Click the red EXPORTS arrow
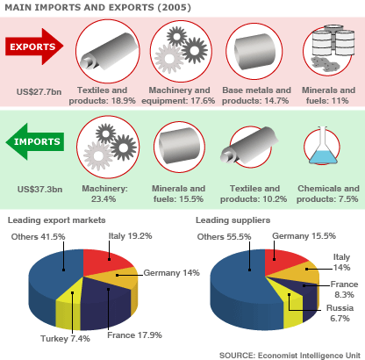pyautogui.click(x=34, y=47)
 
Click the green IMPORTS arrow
pyautogui.click(x=35, y=141)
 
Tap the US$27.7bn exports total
pyautogui.click(x=39, y=92)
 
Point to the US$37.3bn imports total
pyautogui.click(x=39, y=190)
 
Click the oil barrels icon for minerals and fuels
pyautogui.click(x=329, y=48)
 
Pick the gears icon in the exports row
pyautogui.click(x=181, y=51)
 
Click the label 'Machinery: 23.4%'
pyautogui.click(x=104, y=194)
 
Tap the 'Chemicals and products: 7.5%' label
pyautogui.click(x=328, y=194)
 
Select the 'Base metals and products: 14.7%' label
pyautogui.click(x=256, y=96)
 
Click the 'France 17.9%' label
pyautogui.click(x=134, y=335)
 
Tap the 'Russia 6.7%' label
pyautogui.click(x=340, y=313)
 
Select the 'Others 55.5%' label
pyautogui.click(x=224, y=237)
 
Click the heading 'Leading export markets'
pyautogui.click(x=56, y=220)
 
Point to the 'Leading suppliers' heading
pyautogui.click(x=233, y=220)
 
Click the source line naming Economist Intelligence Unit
pyautogui.click(x=290, y=356)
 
